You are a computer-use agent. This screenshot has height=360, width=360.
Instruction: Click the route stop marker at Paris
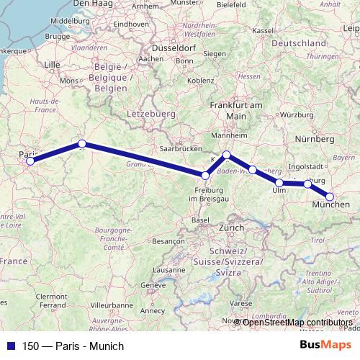click(x=30, y=161)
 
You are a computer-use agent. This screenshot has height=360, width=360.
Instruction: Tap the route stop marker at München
click(x=330, y=197)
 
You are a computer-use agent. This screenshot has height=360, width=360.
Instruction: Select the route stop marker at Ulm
click(x=279, y=183)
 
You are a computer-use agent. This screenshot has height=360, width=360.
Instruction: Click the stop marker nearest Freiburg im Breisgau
click(x=206, y=175)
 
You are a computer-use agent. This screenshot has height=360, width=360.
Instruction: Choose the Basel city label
click(x=201, y=220)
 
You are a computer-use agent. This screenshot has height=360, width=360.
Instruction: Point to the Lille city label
click(x=52, y=64)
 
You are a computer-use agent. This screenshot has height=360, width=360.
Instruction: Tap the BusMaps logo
click(x=326, y=346)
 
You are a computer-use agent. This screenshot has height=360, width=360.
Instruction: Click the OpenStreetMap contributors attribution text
click(x=297, y=322)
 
